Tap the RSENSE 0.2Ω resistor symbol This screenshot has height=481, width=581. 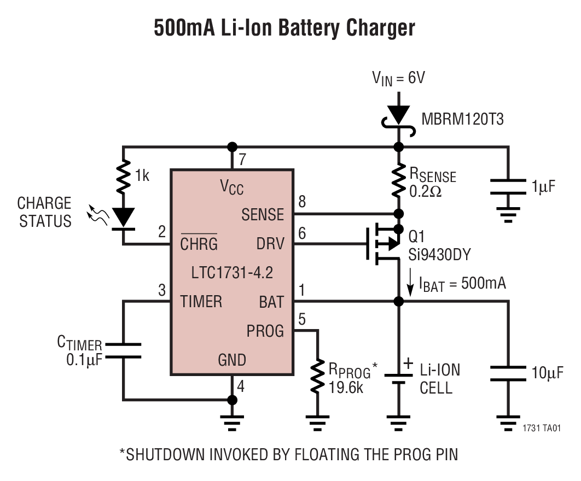click(399, 180)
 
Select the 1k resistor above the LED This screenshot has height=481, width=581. click(124, 176)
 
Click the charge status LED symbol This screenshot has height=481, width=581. click(124, 218)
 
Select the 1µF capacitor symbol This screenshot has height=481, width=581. click(508, 186)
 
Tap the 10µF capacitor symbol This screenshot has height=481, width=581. click(508, 374)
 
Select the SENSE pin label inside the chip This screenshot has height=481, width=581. click(263, 215)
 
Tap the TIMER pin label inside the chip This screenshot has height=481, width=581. click(201, 301)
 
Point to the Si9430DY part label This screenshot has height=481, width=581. click(439, 255)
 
